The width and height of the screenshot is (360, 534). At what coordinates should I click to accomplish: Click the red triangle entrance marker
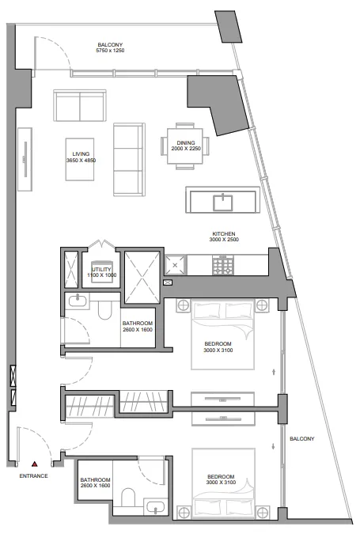click(34, 464)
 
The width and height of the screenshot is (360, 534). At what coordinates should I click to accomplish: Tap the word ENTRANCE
click(33, 475)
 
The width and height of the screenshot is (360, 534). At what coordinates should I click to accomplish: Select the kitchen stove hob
click(223, 265)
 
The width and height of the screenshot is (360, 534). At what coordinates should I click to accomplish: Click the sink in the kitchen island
click(223, 203)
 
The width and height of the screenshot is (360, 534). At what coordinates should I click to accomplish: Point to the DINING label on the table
click(186, 142)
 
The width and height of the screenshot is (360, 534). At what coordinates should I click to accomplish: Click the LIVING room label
click(81, 154)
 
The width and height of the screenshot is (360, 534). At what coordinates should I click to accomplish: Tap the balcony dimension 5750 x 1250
click(110, 51)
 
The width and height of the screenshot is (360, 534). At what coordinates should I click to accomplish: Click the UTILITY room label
click(101, 270)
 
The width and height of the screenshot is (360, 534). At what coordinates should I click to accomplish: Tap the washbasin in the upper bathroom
click(78, 301)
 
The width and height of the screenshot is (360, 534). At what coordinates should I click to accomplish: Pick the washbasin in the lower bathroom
click(155, 507)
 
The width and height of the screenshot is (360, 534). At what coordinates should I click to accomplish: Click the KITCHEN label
click(224, 234)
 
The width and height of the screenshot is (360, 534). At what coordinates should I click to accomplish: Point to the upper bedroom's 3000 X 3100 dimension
click(218, 350)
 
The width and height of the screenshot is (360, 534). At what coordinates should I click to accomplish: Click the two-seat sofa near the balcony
click(80, 105)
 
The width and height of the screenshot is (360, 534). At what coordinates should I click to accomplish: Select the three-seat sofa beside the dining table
click(129, 159)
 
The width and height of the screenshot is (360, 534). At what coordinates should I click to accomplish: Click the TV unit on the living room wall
click(25, 159)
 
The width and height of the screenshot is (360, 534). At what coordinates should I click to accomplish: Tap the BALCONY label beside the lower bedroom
click(301, 438)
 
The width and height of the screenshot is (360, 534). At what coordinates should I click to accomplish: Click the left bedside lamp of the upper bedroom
click(184, 305)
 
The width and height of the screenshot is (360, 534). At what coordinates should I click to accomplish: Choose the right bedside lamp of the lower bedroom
click(263, 512)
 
